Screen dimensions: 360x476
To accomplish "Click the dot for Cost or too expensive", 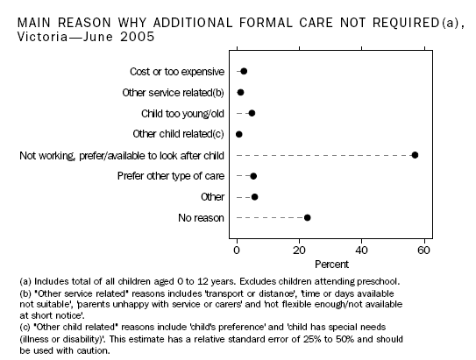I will [244, 71].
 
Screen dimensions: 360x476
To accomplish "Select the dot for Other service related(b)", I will [240, 92].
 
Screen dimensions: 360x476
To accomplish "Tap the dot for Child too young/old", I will [252, 113].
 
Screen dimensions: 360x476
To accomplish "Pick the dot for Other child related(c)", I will [239, 134].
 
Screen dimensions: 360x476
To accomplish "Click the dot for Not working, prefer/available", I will [415, 155].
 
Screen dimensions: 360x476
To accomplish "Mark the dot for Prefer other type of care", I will [253, 176].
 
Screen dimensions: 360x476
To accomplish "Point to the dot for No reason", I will [307, 217].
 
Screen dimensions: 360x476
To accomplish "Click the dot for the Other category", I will [254, 197].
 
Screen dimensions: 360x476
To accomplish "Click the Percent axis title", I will [330, 262].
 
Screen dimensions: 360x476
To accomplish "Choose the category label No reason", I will [200, 217].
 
